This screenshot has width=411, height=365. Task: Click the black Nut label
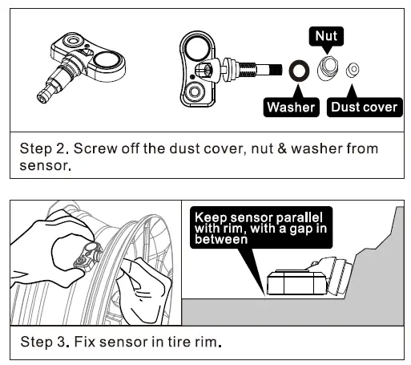pos(324,35)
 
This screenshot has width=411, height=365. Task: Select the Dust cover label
pos(365,106)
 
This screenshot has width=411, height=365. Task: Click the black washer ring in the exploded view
pos(300,71)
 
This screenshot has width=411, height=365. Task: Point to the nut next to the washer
pos(327,69)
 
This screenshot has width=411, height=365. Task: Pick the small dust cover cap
pos(351,71)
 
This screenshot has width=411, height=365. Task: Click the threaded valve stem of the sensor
pos(258,68)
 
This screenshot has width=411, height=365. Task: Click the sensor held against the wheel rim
pos(83,258)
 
